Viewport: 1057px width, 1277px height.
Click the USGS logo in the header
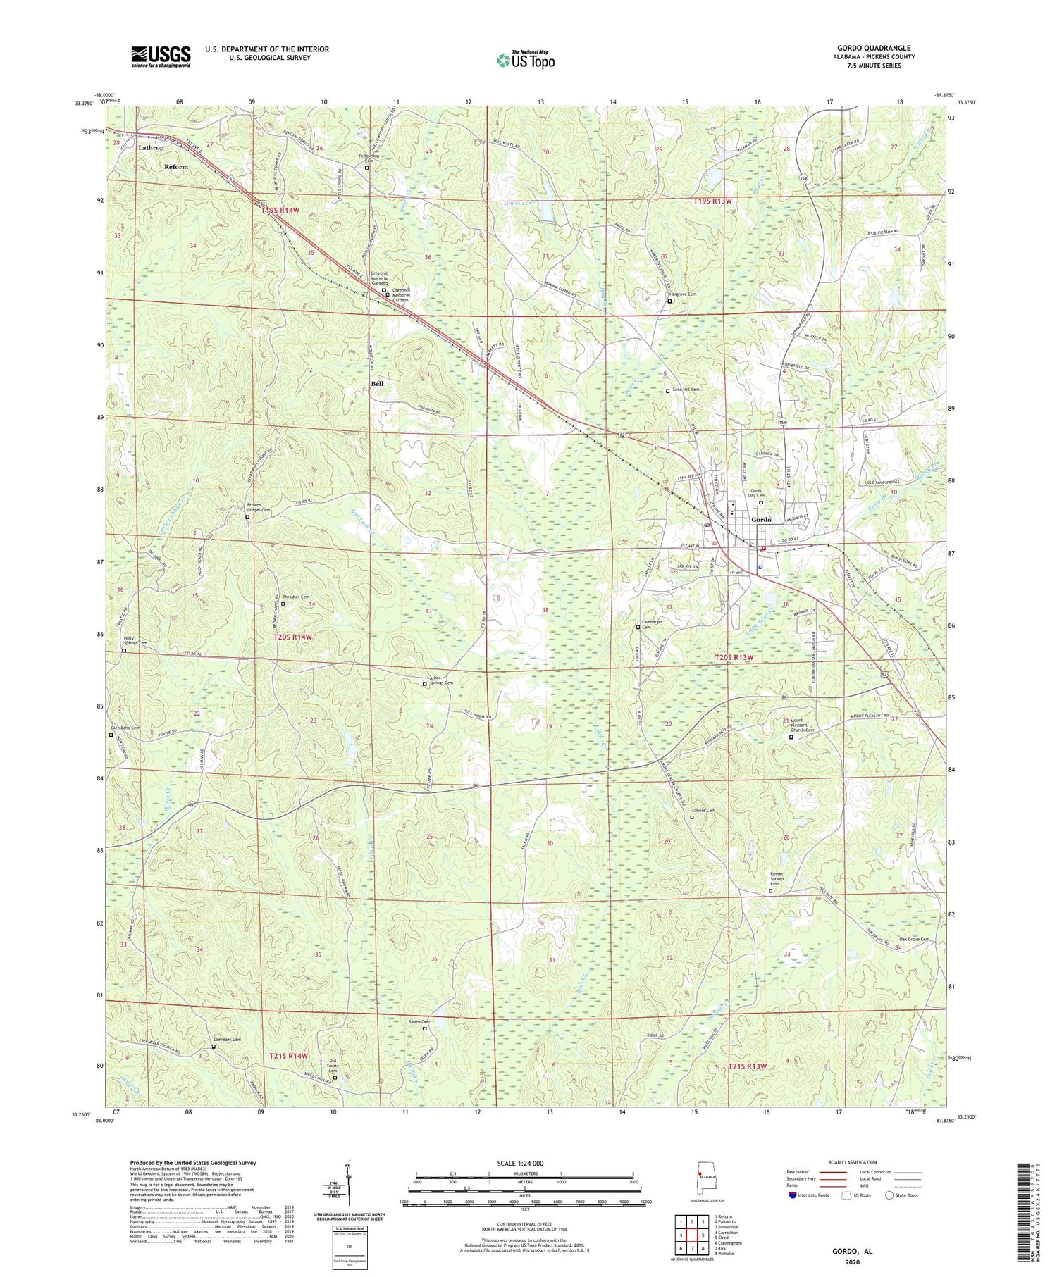coord(161,56)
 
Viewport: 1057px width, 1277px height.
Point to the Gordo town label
coord(762,519)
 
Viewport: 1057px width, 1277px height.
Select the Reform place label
coord(176,167)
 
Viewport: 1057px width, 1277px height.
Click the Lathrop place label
coord(151,148)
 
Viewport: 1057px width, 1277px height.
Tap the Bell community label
coord(378,383)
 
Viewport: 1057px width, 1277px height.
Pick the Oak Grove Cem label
coord(914,939)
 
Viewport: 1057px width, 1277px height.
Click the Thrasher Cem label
coord(295,597)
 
